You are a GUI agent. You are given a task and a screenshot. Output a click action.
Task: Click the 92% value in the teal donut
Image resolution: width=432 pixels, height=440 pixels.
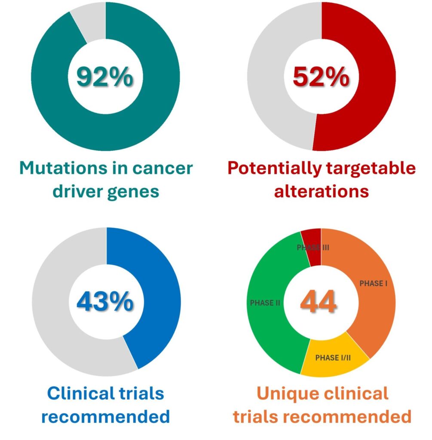coord(105,76)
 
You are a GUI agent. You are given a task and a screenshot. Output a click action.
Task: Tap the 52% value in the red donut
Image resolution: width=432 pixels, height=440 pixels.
coord(321,76)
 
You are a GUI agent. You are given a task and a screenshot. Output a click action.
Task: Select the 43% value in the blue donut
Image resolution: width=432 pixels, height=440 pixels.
coord(105,301)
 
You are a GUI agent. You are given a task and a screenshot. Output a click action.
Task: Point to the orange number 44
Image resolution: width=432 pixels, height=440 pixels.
coord(318,301)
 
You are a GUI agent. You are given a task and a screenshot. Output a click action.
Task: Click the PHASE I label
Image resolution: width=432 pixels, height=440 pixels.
coord(374,284)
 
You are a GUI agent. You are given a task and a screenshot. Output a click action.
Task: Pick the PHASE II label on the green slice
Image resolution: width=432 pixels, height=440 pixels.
coord(265,303)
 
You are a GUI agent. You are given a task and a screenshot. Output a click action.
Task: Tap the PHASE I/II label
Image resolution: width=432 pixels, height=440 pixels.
coord(333,358)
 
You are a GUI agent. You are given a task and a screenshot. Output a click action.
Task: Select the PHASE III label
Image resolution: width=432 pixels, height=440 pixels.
coord(313,247)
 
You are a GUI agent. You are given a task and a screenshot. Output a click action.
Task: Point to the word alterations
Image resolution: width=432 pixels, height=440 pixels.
coord(321,191)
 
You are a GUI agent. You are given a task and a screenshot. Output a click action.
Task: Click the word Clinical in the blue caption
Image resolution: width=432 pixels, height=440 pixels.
coord(81,393)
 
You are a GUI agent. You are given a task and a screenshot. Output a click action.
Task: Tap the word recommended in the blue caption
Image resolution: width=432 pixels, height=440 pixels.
coord(106,416)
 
